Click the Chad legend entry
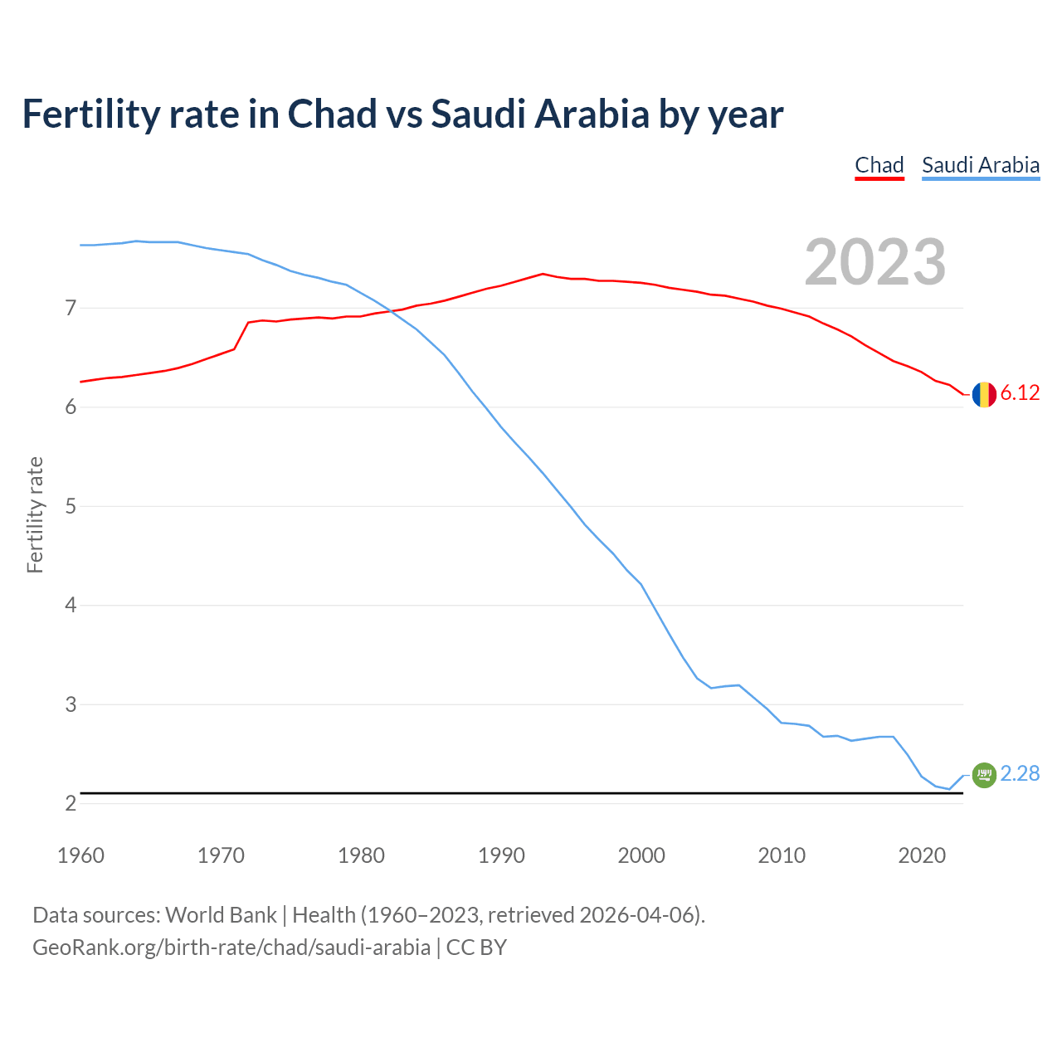click(879, 165)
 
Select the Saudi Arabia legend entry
click(981, 165)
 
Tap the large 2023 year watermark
click(875, 262)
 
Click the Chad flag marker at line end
click(984, 394)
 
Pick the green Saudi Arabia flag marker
click(984, 775)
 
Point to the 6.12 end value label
click(1020, 393)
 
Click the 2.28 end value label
click(1020, 773)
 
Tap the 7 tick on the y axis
click(71, 309)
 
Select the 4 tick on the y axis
click(71, 606)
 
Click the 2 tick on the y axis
click(71, 803)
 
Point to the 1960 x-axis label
click(80, 855)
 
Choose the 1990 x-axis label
click(501, 855)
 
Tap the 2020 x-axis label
click(922, 855)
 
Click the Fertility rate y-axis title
click(35, 514)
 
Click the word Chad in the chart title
click(332, 114)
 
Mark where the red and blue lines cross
click(391, 311)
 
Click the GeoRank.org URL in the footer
click(231, 948)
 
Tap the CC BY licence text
click(476, 948)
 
